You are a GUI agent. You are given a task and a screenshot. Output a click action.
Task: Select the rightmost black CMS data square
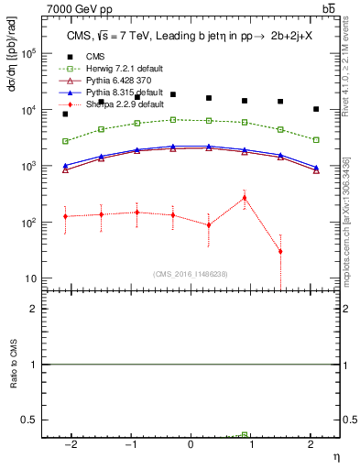coord(316,109)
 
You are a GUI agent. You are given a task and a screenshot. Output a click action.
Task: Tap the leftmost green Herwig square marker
coord(65,141)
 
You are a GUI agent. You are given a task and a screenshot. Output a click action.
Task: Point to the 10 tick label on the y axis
coord(31,278)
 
